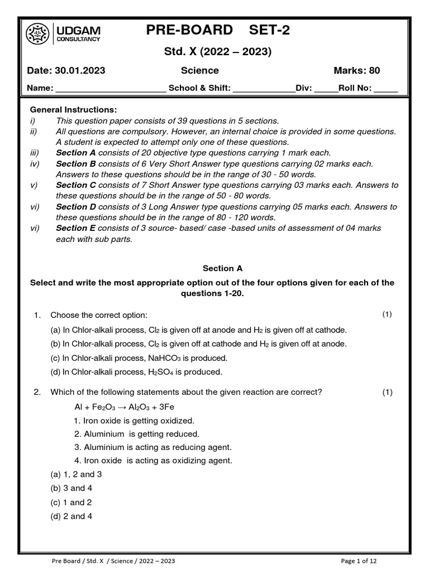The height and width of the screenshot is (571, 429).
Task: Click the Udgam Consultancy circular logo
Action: point(37,34)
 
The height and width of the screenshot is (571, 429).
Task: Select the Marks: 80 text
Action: point(356,71)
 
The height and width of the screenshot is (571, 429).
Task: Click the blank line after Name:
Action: point(110,88)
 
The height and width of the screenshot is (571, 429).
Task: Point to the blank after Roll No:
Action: point(386,88)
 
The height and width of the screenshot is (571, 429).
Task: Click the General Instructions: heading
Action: point(73,110)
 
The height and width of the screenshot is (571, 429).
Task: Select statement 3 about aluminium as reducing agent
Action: point(152,447)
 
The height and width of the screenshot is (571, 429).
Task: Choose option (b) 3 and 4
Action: point(71,488)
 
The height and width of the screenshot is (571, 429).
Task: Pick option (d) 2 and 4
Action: point(71,516)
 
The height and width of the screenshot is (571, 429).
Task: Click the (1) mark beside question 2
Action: point(387,393)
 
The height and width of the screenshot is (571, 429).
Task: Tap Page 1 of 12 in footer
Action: point(363,560)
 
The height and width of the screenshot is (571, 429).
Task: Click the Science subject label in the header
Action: point(199,71)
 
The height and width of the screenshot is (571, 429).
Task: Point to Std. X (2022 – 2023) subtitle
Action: point(216,52)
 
